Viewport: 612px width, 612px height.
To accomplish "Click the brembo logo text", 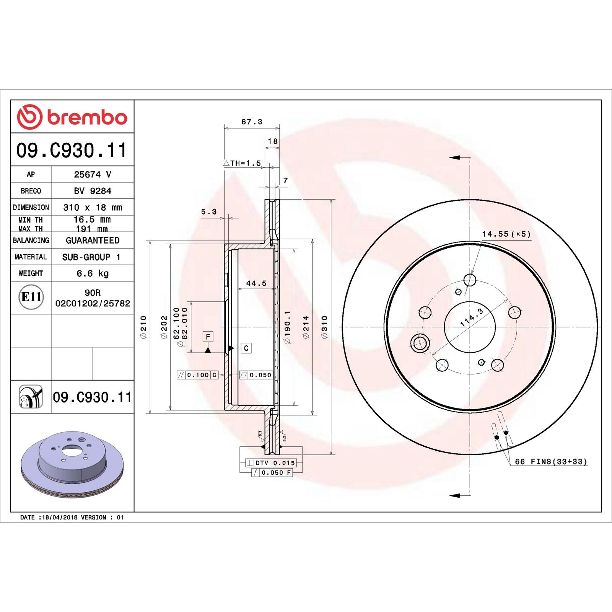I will (87, 117).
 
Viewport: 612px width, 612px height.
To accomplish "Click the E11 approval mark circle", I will (31, 297).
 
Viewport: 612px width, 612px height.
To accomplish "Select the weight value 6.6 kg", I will (93, 273).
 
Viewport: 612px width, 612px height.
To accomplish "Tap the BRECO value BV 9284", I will (93, 190).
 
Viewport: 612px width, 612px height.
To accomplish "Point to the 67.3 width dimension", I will (252, 122).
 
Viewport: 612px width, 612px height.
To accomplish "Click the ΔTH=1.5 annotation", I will (243, 163).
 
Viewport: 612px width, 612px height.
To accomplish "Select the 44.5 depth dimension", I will (256, 283).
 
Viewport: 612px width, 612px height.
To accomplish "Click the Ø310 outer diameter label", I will (324, 327).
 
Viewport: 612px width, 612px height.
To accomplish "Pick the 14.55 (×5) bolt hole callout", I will (506, 234).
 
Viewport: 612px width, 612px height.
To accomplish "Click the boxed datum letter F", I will (208, 337).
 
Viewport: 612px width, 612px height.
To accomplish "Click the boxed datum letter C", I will (246, 348).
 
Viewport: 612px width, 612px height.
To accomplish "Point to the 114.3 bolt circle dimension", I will (472, 317).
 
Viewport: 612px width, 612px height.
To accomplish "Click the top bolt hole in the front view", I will (470, 280).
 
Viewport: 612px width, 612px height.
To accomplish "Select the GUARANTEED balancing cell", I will (93, 240).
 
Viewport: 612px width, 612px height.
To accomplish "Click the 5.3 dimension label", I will (209, 212).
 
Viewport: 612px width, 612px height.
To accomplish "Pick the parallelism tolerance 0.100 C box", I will (197, 375).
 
